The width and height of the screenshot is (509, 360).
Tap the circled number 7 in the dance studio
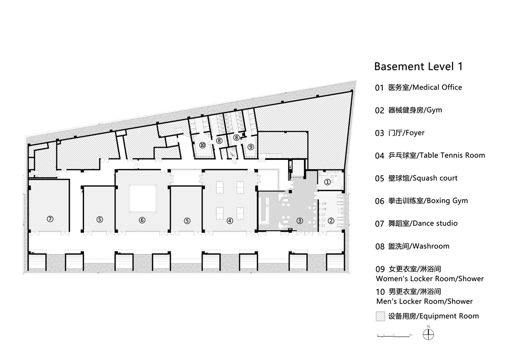click(50, 219)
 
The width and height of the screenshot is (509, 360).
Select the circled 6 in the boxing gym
click(142, 220)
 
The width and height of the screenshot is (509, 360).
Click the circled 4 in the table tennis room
click(230, 220)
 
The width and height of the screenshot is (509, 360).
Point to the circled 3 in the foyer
click(300, 220)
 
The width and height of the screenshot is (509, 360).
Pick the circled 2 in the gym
click(331, 220)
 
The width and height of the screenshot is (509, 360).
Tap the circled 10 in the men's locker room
click(203, 145)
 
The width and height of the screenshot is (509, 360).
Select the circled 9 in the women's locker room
click(250, 147)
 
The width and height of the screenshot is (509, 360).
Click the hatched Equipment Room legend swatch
click(380, 316)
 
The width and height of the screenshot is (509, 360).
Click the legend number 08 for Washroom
click(380, 246)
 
